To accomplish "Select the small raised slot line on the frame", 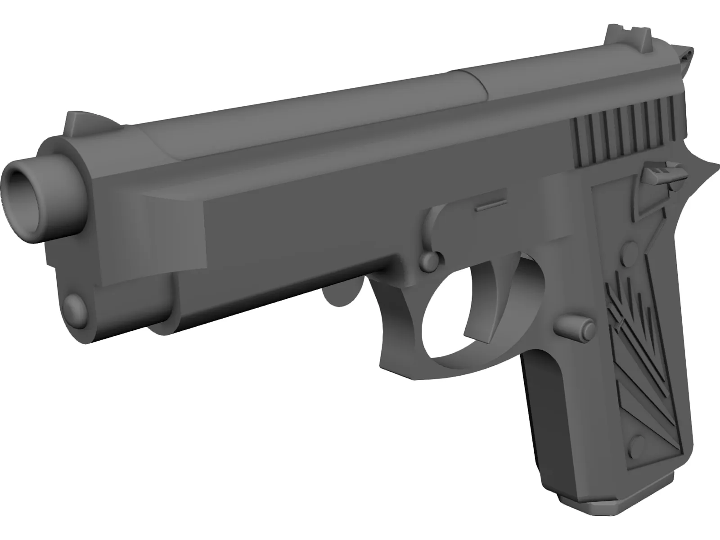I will click(490, 207).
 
